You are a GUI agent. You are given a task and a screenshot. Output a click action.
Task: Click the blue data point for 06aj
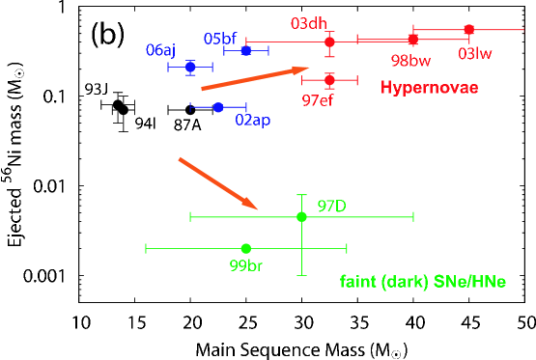pyautogui.click(x=190, y=67)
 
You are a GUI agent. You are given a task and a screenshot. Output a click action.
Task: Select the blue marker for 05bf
pyautogui.click(x=246, y=50)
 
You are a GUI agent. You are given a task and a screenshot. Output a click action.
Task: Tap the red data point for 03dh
pyautogui.click(x=329, y=42)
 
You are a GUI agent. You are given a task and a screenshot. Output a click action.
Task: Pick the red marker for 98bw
pyautogui.click(x=413, y=40)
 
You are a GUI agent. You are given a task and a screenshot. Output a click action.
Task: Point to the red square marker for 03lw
pyautogui.click(x=469, y=29)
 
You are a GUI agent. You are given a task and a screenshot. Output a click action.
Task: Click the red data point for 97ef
pyautogui.click(x=329, y=79)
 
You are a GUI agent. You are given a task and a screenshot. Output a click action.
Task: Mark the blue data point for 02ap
pyautogui.click(x=218, y=107)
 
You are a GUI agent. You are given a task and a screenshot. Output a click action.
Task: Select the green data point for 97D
pyautogui.click(x=301, y=217)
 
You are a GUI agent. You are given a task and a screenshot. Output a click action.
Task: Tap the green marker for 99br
pyautogui.click(x=246, y=248)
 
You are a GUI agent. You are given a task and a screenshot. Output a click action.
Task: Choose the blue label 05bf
pyautogui.click(x=220, y=39)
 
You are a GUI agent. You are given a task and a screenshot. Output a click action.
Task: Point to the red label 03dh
pyautogui.click(x=309, y=23)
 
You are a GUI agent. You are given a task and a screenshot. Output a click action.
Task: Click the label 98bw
pyautogui.click(x=410, y=60)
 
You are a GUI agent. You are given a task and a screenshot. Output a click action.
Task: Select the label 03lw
pyautogui.click(x=475, y=53)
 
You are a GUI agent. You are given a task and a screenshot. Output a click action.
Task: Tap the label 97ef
pyautogui.click(x=318, y=99)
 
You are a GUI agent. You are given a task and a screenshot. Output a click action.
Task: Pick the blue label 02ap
pyautogui.click(x=253, y=121)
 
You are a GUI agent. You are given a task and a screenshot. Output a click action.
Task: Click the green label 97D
pyautogui.click(x=331, y=206)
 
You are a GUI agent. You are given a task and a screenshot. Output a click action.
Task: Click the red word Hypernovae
pyautogui.click(x=429, y=88)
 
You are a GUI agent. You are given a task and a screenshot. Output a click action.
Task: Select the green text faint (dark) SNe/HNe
pyautogui.click(x=423, y=283)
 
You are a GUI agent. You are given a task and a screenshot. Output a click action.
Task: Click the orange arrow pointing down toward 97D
pyautogui.click(x=218, y=183)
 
